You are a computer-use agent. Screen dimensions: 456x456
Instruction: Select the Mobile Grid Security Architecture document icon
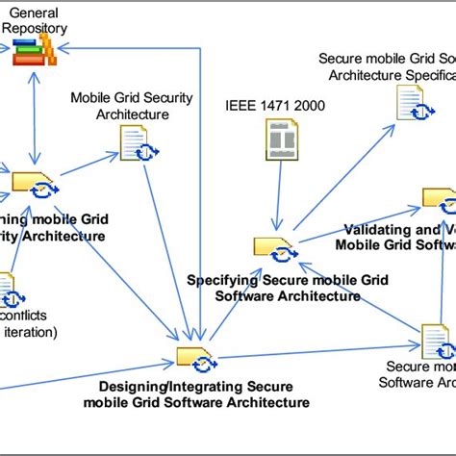click(x=133, y=144)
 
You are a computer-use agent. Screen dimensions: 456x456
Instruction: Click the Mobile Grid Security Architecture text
click(x=119, y=106)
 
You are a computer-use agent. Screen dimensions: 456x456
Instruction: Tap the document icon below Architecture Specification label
click(x=407, y=101)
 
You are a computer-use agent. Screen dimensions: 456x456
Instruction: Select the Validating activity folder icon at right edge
click(x=439, y=199)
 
